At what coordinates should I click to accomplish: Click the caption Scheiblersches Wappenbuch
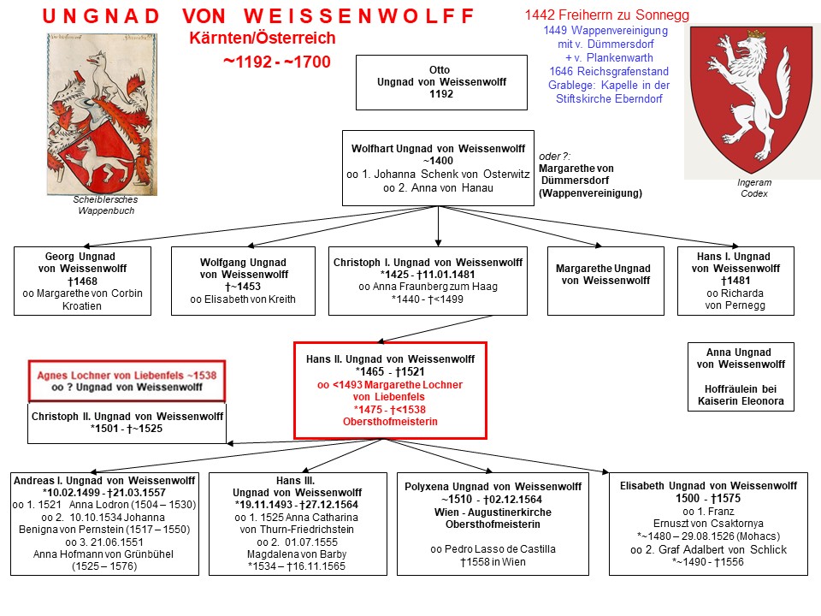coord(106,204)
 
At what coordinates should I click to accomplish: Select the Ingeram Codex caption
coord(754,188)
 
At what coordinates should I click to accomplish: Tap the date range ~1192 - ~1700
coord(277,62)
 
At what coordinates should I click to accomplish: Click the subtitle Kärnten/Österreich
coord(263,38)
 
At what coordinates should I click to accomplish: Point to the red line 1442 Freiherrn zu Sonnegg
coord(607,15)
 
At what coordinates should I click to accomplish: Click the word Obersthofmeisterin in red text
coord(390,422)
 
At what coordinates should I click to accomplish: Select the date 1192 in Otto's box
coord(441,94)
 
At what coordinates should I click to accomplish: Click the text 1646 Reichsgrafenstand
coord(609,71)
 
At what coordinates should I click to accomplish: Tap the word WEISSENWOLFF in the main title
coord(359,15)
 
